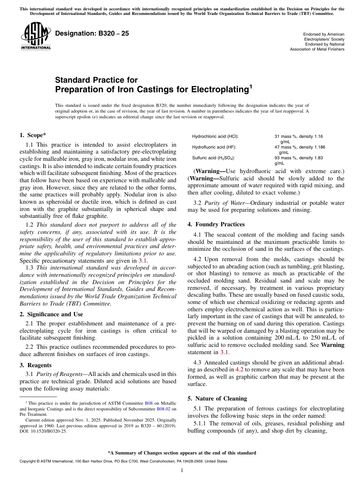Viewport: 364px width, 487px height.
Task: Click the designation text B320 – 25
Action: pyautogui.click(x=92, y=34)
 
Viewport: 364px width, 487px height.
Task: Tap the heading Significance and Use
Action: pyautogui.click(x=51, y=314)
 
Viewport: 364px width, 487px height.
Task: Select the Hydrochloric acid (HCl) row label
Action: pyautogui.click(x=215, y=136)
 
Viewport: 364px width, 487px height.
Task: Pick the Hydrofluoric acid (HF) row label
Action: pyautogui.click(x=214, y=147)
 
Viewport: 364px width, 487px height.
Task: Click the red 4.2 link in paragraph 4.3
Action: pyautogui.click(x=239, y=369)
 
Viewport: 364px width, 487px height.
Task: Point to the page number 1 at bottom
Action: pyautogui.click(x=182, y=471)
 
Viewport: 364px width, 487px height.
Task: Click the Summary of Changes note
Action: pyautogui.click(x=182, y=453)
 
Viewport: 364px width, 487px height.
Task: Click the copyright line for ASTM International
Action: pyautogui.click(x=123, y=461)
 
